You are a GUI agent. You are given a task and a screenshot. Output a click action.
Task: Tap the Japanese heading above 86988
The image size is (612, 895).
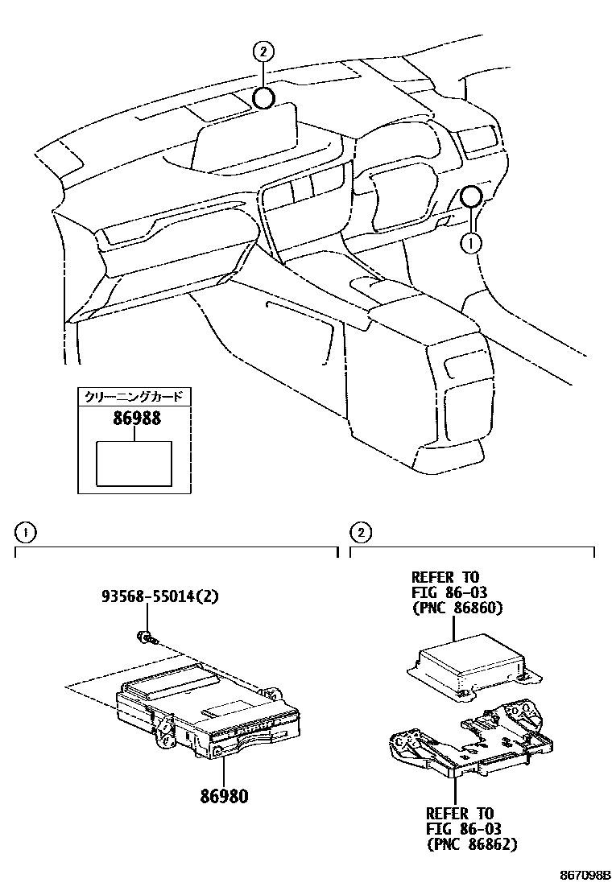(x=134, y=396)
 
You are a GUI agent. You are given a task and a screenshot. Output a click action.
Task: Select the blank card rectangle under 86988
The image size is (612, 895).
(x=134, y=464)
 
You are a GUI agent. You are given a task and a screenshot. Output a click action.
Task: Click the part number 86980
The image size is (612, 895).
(x=224, y=797)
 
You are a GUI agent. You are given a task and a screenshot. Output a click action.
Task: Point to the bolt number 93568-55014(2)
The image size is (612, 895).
(x=160, y=597)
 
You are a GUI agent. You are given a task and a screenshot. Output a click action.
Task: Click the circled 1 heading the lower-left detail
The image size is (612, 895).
(x=27, y=533)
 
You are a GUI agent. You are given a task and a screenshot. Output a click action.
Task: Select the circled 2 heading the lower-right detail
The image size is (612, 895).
(x=362, y=533)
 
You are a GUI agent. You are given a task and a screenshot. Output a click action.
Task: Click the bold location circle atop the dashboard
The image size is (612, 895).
(x=263, y=98)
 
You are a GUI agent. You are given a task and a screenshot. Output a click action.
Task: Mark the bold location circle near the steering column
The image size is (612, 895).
(x=472, y=196)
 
